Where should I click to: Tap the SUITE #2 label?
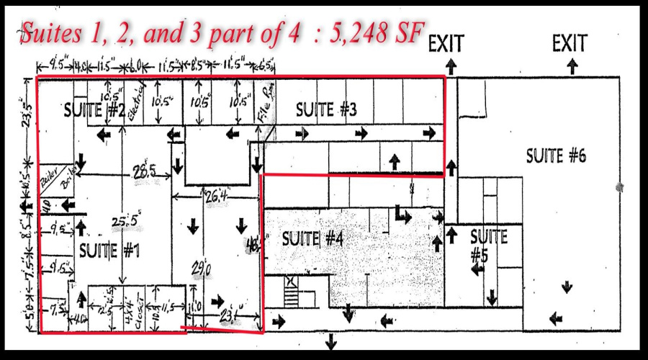click(x=96, y=111)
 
